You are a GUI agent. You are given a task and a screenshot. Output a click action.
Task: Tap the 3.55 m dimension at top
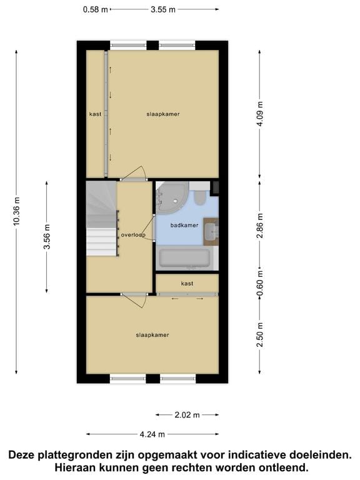[162, 9]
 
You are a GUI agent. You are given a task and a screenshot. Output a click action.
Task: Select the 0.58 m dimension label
[96, 9]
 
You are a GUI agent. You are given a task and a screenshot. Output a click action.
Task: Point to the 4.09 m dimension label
[260, 114]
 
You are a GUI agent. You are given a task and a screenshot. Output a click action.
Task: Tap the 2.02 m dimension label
[187, 414]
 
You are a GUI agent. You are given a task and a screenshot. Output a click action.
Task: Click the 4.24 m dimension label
[152, 434]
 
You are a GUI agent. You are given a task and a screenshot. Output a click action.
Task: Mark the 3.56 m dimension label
[47, 237]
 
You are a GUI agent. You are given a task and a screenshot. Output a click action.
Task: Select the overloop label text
[133, 236]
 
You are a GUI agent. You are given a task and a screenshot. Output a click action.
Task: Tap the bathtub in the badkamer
[184, 259]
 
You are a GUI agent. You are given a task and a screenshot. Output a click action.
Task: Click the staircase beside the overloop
[101, 219]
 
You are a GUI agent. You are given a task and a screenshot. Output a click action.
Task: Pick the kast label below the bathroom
[187, 284]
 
